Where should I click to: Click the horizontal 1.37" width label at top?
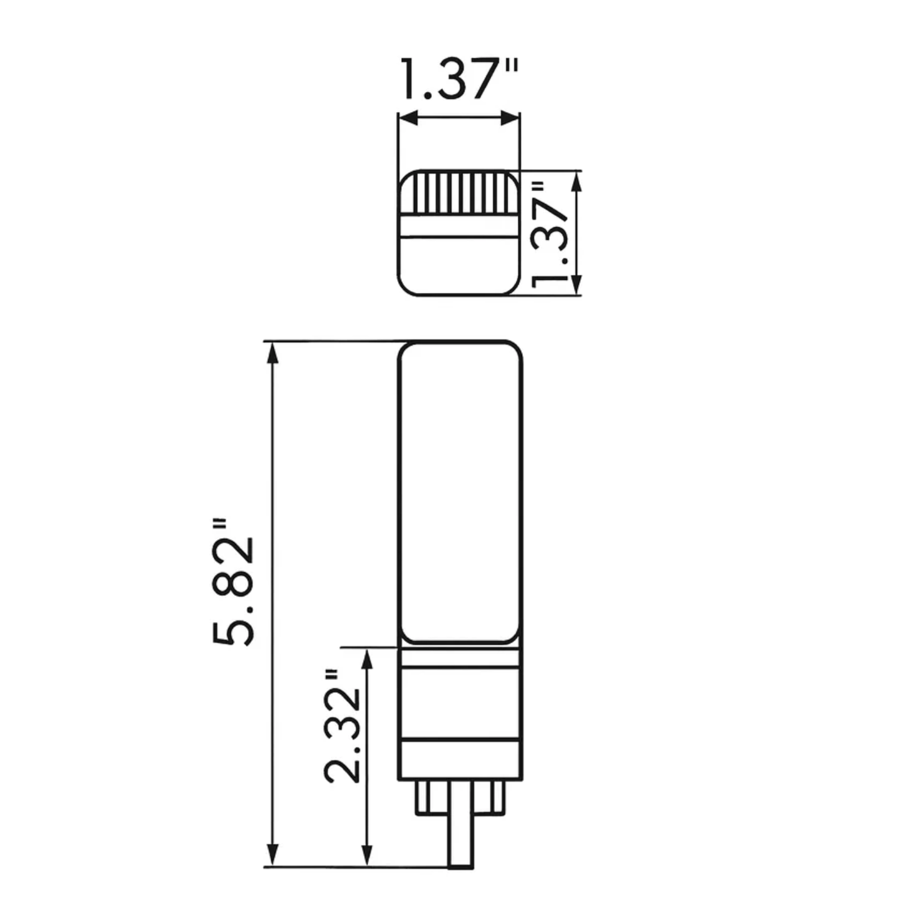[458, 80]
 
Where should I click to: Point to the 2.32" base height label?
[342, 727]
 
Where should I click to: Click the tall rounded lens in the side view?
[460, 492]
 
